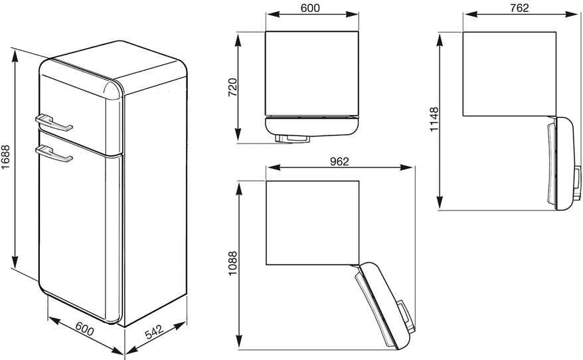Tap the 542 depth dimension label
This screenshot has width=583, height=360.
pyautogui.click(x=154, y=331)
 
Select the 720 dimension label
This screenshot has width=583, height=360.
pyautogui.click(x=232, y=88)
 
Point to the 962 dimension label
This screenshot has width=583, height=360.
pyautogui.click(x=339, y=161)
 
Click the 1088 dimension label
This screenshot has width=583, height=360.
pyautogui.click(x=232, y=263)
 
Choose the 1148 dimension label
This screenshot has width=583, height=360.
pyautogui.click(x=434, y=120)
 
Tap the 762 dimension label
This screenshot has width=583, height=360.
pyautogui.click(x=519, y=8)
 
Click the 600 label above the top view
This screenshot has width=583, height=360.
pyautogui.click(x=310, y=8)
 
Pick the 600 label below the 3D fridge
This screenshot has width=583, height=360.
pyautogui.click(x=85, y=328)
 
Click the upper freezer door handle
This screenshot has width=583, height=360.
pyautogui.click(x=54, y=123)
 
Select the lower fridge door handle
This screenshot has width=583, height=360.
pyautogui.click(x=54, y=154)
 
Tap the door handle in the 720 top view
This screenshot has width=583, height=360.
pyautogui.click(x=292, y=138)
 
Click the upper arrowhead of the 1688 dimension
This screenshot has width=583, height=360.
pyautogui.click(x=15, y=56)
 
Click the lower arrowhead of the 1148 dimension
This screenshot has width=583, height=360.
pyautogui.click(x=440, y=203)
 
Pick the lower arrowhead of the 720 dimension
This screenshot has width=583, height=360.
pyautogui.click(x=238, y=135)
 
